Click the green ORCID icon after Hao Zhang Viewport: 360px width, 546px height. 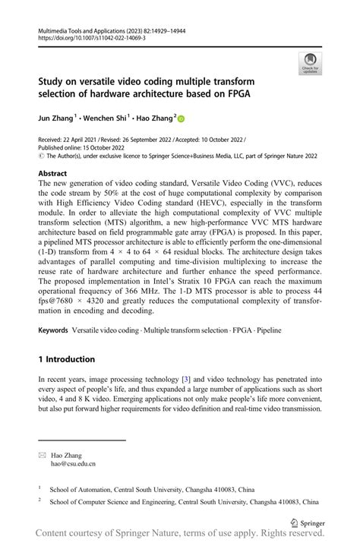pos(181,118)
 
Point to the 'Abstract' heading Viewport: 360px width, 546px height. pos(52,174)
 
